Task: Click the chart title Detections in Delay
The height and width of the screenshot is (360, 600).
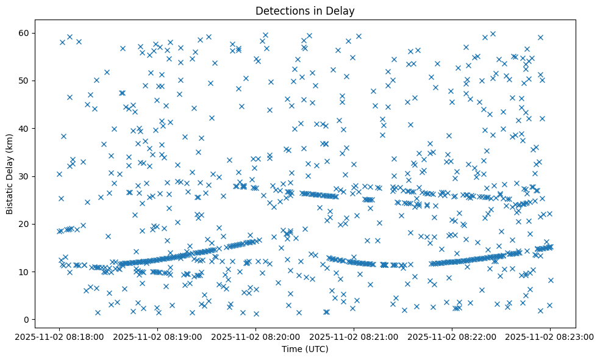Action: (x=305, y=11)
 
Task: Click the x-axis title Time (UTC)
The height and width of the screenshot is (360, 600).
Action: (x=305, y=349)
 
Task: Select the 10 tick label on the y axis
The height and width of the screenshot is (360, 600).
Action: (x=26, y=272)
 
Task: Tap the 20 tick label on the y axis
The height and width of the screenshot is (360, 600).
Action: (x=26, y=224)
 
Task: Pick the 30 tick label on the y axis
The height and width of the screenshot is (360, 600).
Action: (x=26, y=176)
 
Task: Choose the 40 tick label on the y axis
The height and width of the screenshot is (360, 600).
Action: (x=26, y=129)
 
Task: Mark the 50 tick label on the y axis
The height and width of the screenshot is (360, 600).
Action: (x=26, y=81)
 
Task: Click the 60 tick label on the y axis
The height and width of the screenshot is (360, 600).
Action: (x=26, y=33)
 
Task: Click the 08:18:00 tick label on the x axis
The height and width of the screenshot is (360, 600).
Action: (x=59, y=336)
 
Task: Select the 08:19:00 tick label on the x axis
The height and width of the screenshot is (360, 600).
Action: (x=157, y=336)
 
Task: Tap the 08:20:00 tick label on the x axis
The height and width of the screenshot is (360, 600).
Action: (x=255, y=336)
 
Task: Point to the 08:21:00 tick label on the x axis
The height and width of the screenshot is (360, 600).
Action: (x=354, y=336)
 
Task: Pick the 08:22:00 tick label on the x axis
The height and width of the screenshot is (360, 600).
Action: (x=452, y=336)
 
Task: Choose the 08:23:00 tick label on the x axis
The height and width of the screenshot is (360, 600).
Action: (x=550, y=336)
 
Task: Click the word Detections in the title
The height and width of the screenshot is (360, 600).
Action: (x=281, y=11)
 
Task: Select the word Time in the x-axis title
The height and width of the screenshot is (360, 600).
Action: (x=291, y=349)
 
